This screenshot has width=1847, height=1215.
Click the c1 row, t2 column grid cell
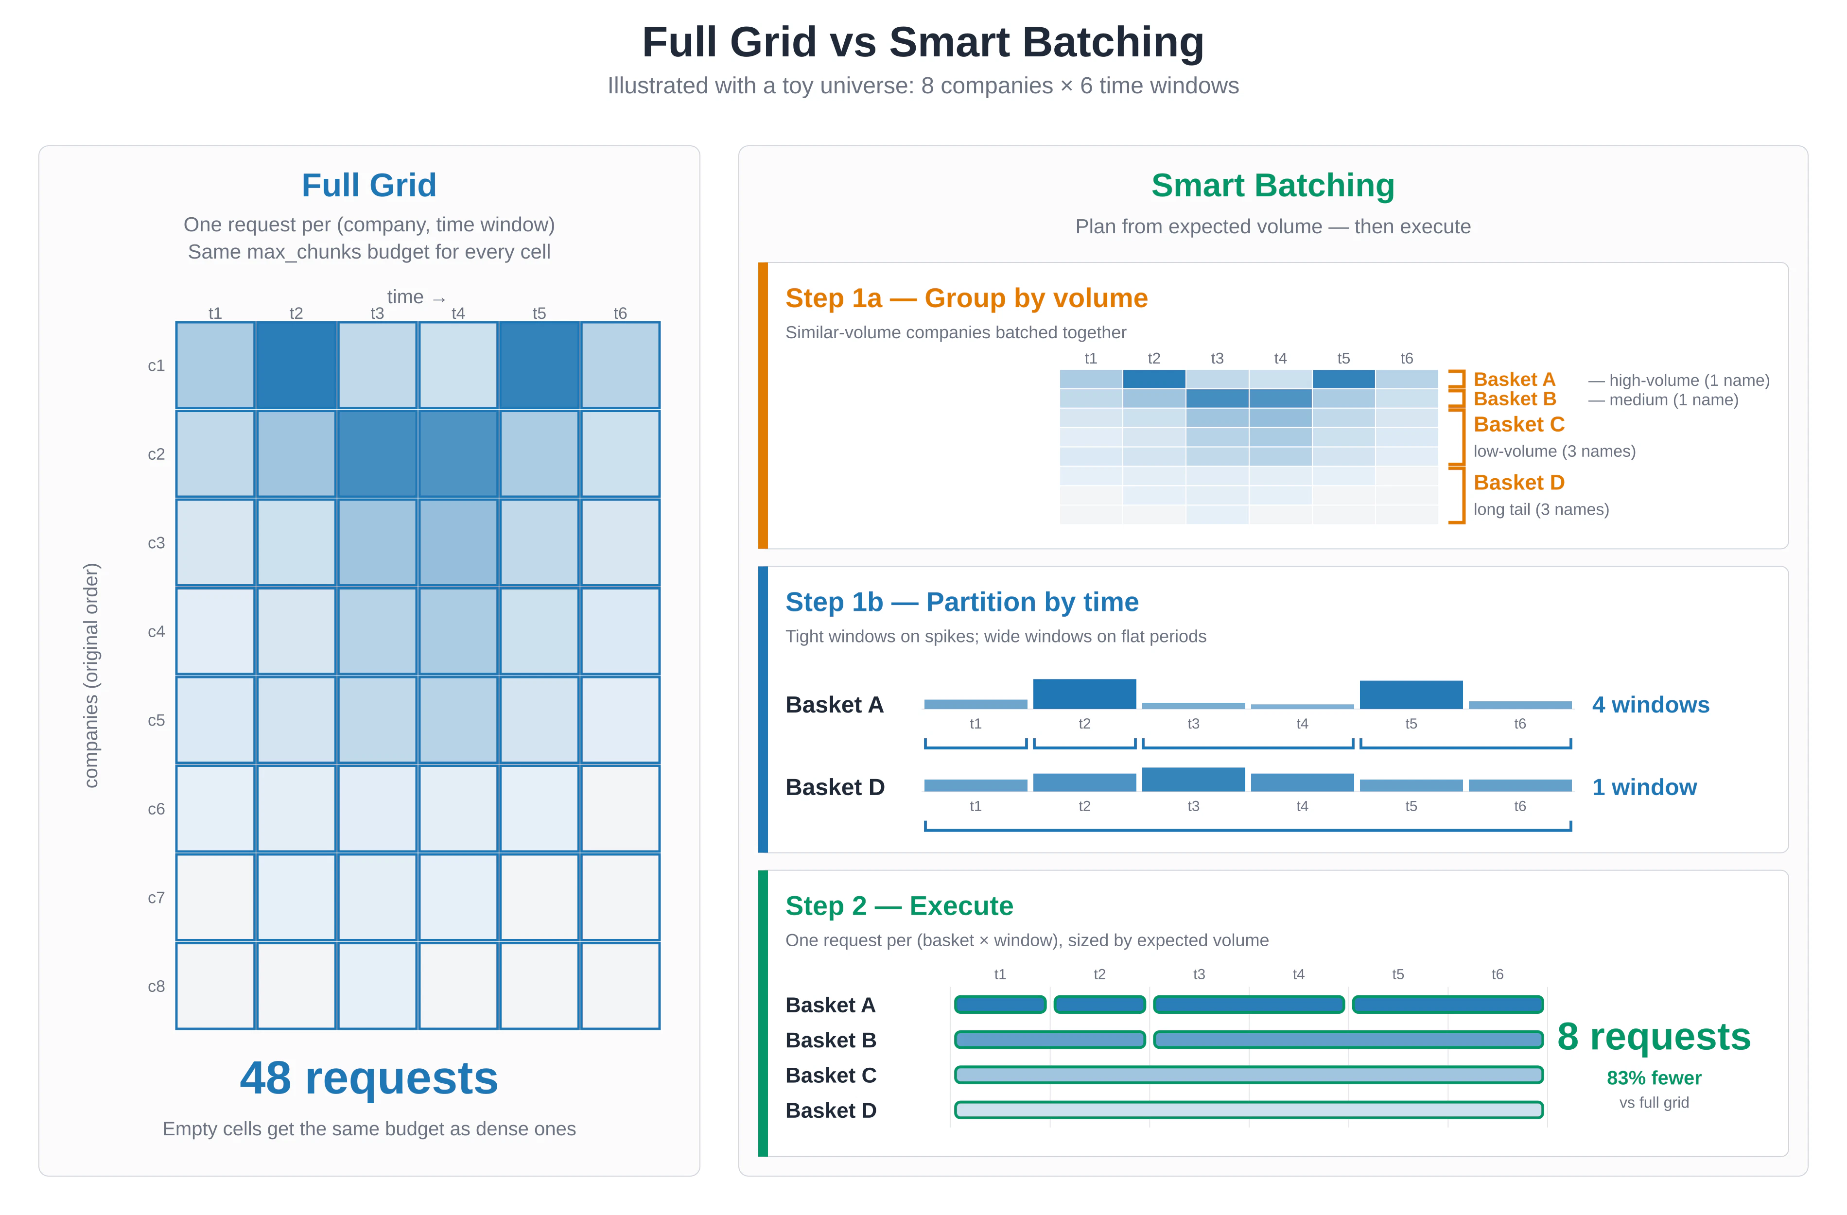tap(296, 364)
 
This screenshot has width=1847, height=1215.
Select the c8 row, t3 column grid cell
tap(377, 985)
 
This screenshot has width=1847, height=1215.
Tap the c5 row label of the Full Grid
tap(156, 720)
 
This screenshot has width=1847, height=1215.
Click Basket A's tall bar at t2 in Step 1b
tap(1084, 694)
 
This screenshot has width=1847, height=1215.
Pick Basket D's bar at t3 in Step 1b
tap(1193, 779)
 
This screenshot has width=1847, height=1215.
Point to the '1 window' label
tap(1644, 787)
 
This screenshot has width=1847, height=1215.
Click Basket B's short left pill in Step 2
tap(1049, 1040)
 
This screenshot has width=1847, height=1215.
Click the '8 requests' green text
tap(1653, 1037)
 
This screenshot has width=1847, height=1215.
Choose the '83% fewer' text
tap(1653, 1077)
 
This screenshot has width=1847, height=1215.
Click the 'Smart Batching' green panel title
tap(1272, 186)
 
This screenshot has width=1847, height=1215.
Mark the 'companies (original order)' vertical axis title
tap(91, 675)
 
